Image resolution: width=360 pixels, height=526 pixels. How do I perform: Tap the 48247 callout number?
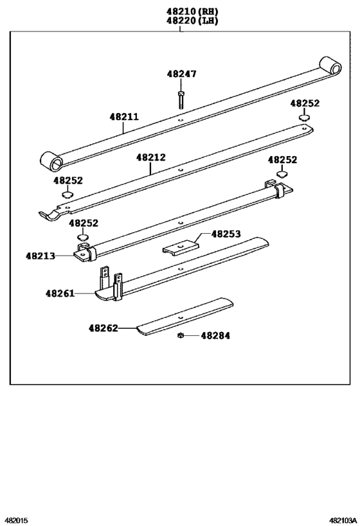(x=181, y=74)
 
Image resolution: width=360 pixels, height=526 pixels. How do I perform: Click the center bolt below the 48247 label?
(x=181, y=99)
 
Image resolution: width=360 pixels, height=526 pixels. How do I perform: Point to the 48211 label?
(x=124, y=118)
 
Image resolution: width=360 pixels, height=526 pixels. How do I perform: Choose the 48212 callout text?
(x=150, y=157)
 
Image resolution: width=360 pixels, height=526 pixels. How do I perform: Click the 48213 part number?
(x=40, y=256)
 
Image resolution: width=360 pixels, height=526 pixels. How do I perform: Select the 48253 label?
(x=226, y=234)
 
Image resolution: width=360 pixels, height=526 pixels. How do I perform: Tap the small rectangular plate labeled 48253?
(x=179, y=246)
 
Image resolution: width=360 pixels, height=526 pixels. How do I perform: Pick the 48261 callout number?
(x=60, y=294)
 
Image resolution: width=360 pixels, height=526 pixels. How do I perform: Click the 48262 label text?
(x=104, y=328)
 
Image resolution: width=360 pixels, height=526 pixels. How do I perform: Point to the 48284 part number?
(x=215, y=335)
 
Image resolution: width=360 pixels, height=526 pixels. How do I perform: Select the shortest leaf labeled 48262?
(x=186, y=316)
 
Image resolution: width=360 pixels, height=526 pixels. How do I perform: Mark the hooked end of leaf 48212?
(x=48, y=216)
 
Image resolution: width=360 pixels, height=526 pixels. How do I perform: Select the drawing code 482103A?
(x=341, y=521)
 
